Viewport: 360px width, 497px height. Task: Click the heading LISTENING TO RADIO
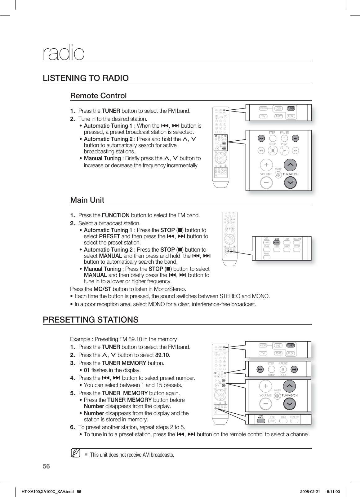[86, 78]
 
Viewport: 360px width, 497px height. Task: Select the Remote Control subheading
[98, 95]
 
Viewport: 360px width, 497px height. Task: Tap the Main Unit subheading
[87, 200]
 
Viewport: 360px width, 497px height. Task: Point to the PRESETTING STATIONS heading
[91, 319]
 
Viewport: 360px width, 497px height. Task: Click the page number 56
[47, 466]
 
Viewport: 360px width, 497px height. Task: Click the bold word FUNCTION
[116, 215]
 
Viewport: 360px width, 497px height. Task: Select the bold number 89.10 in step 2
[162, 355]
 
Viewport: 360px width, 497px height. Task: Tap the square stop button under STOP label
[273, 151]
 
